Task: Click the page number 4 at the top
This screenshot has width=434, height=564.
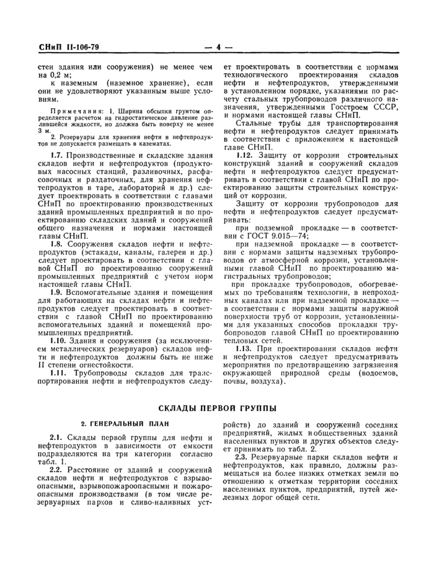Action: [x=218, y=47]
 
